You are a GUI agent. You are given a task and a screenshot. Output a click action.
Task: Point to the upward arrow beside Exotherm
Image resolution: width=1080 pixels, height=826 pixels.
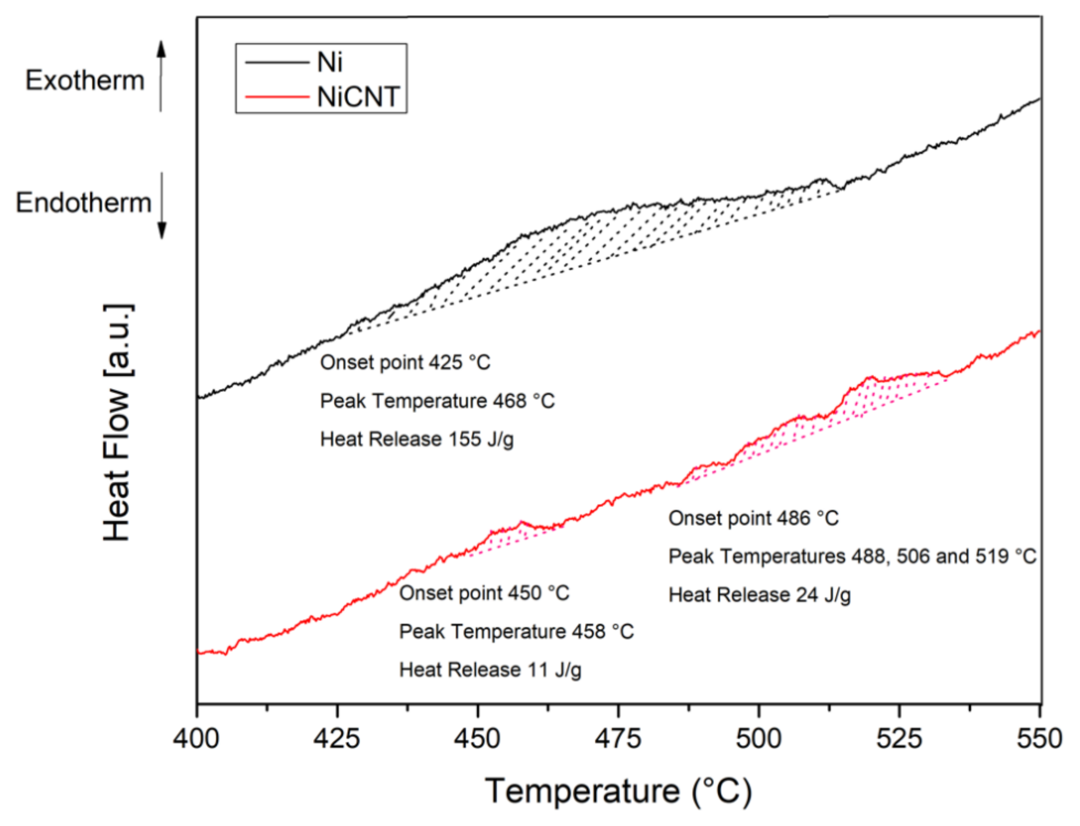(x=161, y=76)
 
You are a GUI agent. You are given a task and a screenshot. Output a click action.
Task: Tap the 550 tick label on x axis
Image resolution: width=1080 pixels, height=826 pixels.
(x=1039, y=739)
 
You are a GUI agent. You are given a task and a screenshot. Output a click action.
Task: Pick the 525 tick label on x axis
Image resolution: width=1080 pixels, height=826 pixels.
(x=899, y=739)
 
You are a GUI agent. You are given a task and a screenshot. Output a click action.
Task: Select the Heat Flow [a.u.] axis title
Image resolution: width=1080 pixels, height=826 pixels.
(x=117, y=423)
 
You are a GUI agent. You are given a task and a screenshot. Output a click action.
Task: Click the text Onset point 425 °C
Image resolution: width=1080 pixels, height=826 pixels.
(x=405, y=363)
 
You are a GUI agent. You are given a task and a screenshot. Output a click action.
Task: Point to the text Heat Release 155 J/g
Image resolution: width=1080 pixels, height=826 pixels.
(x=417, y=439)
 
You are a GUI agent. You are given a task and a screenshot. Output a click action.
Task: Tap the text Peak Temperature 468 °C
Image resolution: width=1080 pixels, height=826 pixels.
(x=437, y=401)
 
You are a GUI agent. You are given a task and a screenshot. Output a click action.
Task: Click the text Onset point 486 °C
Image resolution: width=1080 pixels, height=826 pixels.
(x=753, y=518)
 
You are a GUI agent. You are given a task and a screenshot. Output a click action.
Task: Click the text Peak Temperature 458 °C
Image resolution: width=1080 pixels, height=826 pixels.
(x=516, y=632)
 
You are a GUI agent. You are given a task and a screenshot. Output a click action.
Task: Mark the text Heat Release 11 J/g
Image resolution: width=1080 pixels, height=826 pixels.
(x=490, y=670)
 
